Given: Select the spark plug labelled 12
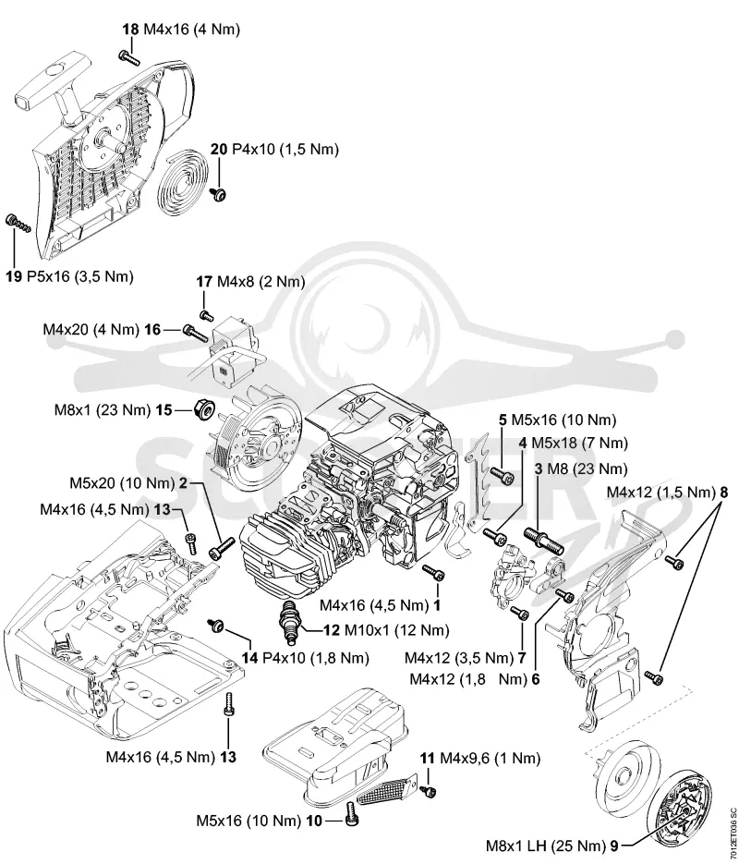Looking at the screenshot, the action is click(290, 621).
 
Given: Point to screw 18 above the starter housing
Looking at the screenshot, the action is click(128, 56).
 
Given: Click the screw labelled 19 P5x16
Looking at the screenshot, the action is click(18, 223).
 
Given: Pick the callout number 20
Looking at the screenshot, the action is click(219, 149).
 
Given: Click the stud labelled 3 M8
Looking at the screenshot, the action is click(542, 538).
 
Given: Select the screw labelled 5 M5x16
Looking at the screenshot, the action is click(502, 473).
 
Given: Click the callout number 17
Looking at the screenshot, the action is click(204, 282).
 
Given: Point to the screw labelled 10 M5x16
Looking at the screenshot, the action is click(351, 813).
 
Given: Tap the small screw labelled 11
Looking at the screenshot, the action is click(428, 791).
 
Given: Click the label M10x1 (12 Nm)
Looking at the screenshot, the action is click(396, 629).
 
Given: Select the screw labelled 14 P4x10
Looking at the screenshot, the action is click(215, 625).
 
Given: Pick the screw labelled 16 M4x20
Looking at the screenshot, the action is click(194, 333).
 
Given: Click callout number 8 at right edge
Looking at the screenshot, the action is click(723, 492).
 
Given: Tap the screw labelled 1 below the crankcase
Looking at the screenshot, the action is click(433, 572).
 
